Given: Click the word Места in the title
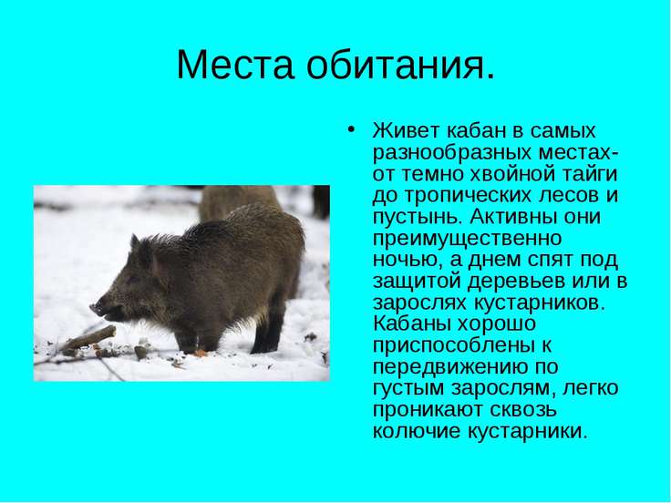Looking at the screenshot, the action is click(235, 65).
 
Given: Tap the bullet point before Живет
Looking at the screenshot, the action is click(351, 129).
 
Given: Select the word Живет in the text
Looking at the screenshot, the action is click(406, 130).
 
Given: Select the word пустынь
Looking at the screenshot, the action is click(418, 217).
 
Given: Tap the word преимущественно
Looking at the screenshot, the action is click(467, 238).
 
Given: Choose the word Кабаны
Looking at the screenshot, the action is click(412, 323).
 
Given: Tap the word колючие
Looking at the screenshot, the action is click(416, 431).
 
